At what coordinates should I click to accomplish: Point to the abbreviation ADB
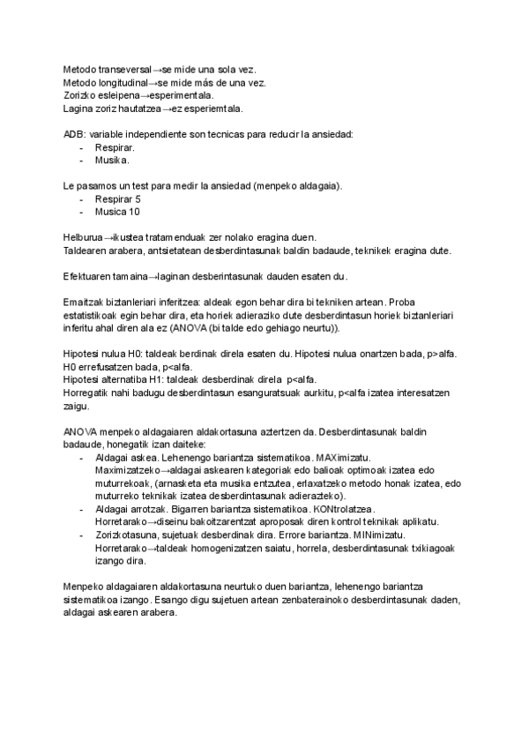click(x=73, y=134)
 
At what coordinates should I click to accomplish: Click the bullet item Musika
click(x=112, y=161)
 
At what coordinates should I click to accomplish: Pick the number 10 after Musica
click(x=134, y=212)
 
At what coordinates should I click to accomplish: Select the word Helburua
click(x=85, y=238)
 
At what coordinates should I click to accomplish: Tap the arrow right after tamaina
click(x=151, y=276)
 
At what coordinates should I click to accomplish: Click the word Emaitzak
click(x=84, y=302)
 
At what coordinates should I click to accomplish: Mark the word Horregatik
click(x=89, y=392)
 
